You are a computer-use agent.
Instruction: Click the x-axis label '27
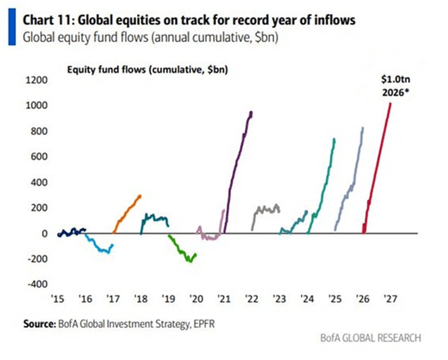point(389,299)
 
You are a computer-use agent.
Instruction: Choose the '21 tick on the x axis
point(223,299)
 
